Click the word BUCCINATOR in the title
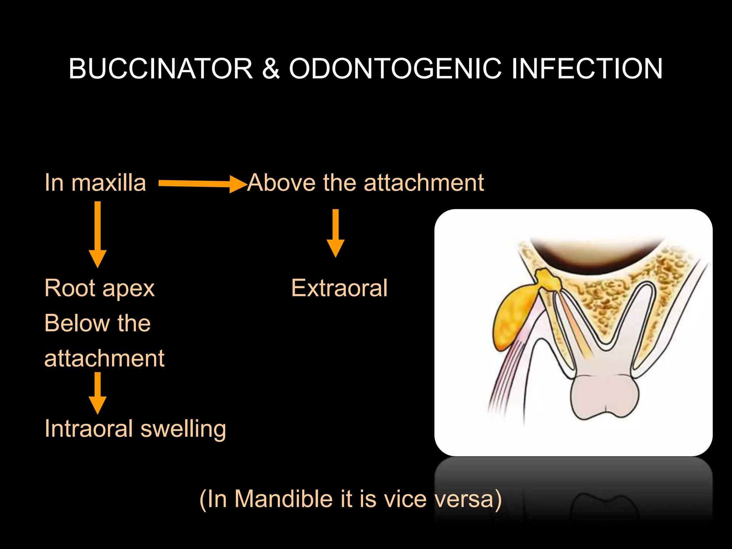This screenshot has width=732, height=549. (x=161, y=69)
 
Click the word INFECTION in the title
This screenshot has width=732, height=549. (x=587, y=69)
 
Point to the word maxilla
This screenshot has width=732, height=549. (x=109, y=183)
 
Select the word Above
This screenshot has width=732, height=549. (x=281, y=183)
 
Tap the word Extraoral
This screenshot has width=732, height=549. (x=339, y=288)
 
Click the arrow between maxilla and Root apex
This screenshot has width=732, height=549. (x=98, y=234)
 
